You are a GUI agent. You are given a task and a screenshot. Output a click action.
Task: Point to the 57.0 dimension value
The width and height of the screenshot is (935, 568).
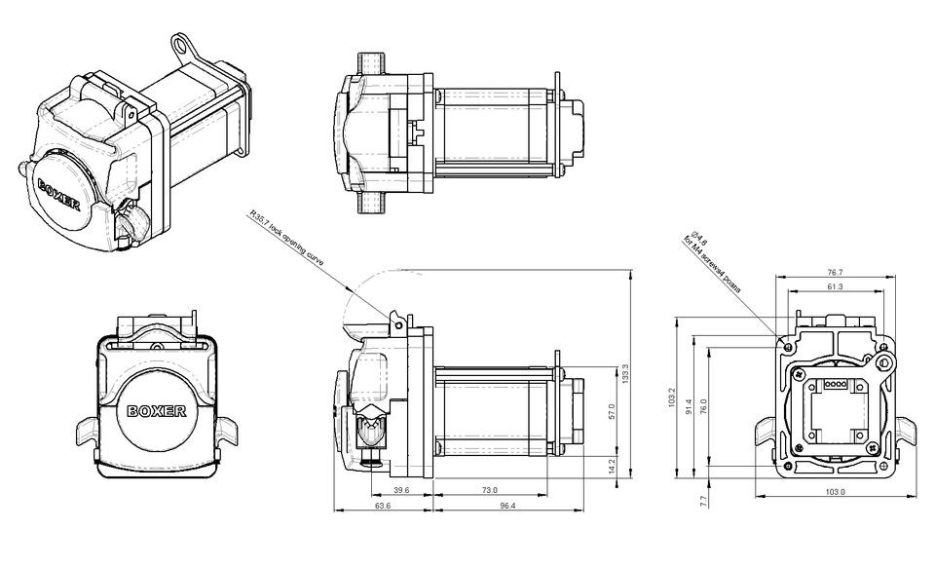[x=612, y=412]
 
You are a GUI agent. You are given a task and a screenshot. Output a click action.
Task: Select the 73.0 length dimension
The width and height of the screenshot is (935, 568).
[x=489, y=490]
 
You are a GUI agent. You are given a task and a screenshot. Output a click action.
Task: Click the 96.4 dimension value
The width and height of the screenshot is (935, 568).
[x=506, y=506]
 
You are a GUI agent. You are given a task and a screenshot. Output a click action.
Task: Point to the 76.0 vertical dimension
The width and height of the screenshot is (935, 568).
[x=703, y=404]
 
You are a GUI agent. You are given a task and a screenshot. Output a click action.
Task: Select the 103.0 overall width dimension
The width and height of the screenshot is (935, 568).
[x=835, y=492]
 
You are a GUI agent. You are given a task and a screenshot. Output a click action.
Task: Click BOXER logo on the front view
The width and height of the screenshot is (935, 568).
[x=157, y=410]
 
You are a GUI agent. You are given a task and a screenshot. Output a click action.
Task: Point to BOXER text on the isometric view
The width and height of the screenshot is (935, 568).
[x=59, y=192]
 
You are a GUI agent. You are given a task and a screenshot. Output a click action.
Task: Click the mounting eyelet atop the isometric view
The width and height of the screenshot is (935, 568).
[x=183, y=43]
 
